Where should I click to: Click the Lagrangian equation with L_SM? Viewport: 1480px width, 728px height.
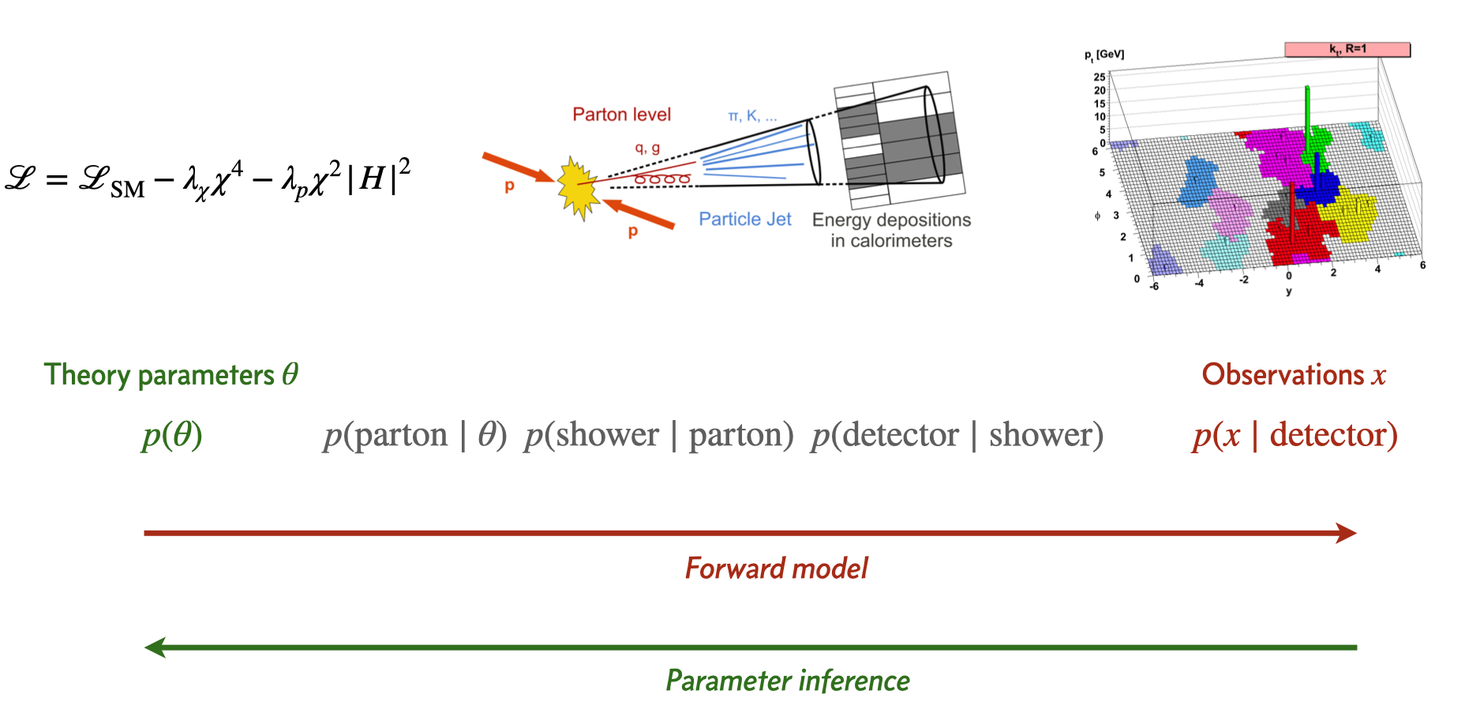point(207,179)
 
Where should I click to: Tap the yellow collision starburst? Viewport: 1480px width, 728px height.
point(578,187)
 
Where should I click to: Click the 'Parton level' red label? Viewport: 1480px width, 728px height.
point(621,114)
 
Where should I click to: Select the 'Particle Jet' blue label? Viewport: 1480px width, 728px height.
point(744,220)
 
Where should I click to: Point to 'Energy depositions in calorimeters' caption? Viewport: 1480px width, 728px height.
point(891,230)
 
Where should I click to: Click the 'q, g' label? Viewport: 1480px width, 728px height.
point(647,148)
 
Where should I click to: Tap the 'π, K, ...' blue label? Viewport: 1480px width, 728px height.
point(751,116)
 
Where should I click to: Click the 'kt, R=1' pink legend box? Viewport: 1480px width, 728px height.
point(1347,49)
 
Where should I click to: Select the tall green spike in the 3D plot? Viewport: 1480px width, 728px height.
point(1307,118)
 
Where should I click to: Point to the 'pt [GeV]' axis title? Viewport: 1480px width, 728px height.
point(1104,54)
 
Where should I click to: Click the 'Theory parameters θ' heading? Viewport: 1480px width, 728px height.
point(170,374)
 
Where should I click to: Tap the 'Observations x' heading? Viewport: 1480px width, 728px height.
point(1293,374)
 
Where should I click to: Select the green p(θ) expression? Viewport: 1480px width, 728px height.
point(172,435)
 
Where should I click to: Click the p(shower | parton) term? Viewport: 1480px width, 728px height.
point(658,435)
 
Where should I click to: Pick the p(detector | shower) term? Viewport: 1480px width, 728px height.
point(957,435)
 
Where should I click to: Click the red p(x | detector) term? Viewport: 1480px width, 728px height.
point(1295,435)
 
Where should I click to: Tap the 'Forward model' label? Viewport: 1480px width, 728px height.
point(776,569)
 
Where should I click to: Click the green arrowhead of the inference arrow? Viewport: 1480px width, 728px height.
point(155,647)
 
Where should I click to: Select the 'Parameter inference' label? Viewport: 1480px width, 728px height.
point(787,681)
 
